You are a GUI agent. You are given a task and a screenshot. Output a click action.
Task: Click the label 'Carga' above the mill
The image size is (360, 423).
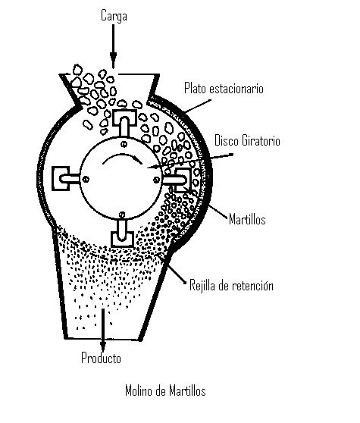point(114,16)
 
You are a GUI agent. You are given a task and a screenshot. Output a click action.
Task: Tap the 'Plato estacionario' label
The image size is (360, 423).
point(224,88)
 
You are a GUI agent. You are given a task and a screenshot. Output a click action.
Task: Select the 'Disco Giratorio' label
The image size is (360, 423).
point(247,140)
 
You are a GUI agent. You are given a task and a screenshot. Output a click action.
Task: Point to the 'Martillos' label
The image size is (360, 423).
point(247,219)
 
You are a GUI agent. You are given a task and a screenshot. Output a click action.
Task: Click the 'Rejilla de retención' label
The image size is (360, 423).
point(231,285)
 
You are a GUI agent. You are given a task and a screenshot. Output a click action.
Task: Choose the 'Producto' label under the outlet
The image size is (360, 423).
point(101,358)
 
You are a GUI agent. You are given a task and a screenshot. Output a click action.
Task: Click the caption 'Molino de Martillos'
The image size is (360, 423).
point(165,390)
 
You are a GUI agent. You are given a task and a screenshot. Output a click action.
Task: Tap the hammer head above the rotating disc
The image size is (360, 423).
point(124,118)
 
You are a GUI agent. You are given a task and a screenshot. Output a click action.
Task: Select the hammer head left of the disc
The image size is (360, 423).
point(61,179)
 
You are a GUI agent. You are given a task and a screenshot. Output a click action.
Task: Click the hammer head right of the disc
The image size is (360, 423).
point(183,180)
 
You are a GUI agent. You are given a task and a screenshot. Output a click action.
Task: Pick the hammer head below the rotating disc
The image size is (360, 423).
point(123,239)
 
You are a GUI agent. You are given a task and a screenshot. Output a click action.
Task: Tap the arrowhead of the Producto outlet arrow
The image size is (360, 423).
point(102,346)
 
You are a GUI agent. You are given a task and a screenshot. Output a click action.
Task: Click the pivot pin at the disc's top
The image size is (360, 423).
point(124,144)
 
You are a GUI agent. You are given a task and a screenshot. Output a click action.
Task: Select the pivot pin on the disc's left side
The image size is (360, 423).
point(86,179)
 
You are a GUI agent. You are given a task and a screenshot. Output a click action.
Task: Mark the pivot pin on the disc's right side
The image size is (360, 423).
point(156,180)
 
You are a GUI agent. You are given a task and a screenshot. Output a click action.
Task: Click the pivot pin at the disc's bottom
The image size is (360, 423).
point(122,215)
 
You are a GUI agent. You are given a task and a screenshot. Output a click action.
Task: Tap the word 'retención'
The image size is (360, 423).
point(252,285)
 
